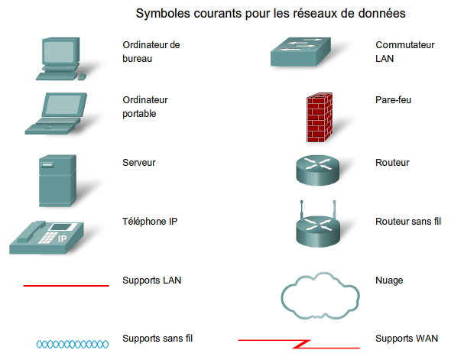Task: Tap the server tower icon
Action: (57, 181)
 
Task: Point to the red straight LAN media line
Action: (66, 285)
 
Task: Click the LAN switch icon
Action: (303, 53)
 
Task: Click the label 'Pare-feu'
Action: (394, 99)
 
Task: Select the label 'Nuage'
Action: (389, 281)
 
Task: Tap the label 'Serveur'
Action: (139, 163)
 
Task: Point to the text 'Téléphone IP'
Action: (150, 221)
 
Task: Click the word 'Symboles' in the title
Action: (162, 14)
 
